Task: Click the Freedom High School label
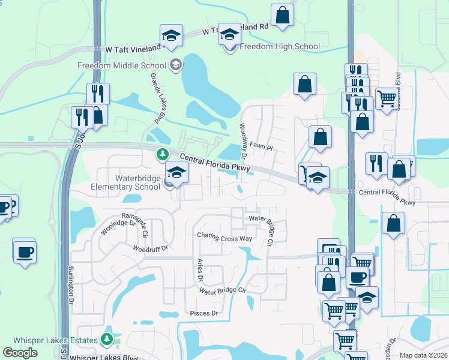tap(280, 46)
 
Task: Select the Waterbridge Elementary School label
tap(138, 182)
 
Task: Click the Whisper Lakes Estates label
tap(50, 340)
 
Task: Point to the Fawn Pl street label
tap(261, 146)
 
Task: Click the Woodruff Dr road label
tap(149, 248)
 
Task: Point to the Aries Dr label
tap(200, 271)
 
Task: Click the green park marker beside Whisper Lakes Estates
tap(107, 340)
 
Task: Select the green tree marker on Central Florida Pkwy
tap(162, 155)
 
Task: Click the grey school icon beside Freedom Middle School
tap(176, 65)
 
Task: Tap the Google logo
tap(20, 353)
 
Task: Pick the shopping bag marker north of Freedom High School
tap(282, 15)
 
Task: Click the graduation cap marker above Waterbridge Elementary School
tap(176, 172)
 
